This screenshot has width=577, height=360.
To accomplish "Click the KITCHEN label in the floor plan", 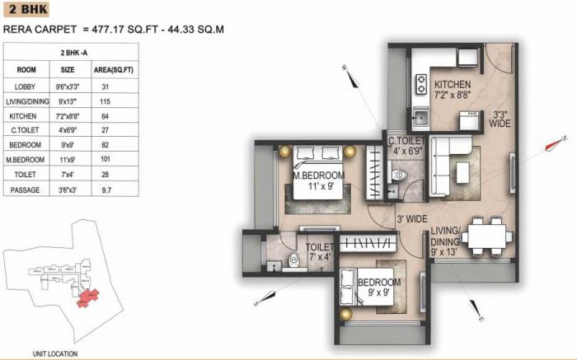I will coord(453,85).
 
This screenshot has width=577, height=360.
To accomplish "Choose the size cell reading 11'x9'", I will coord(68,160).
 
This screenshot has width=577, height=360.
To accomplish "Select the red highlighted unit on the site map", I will coord(86,293).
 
